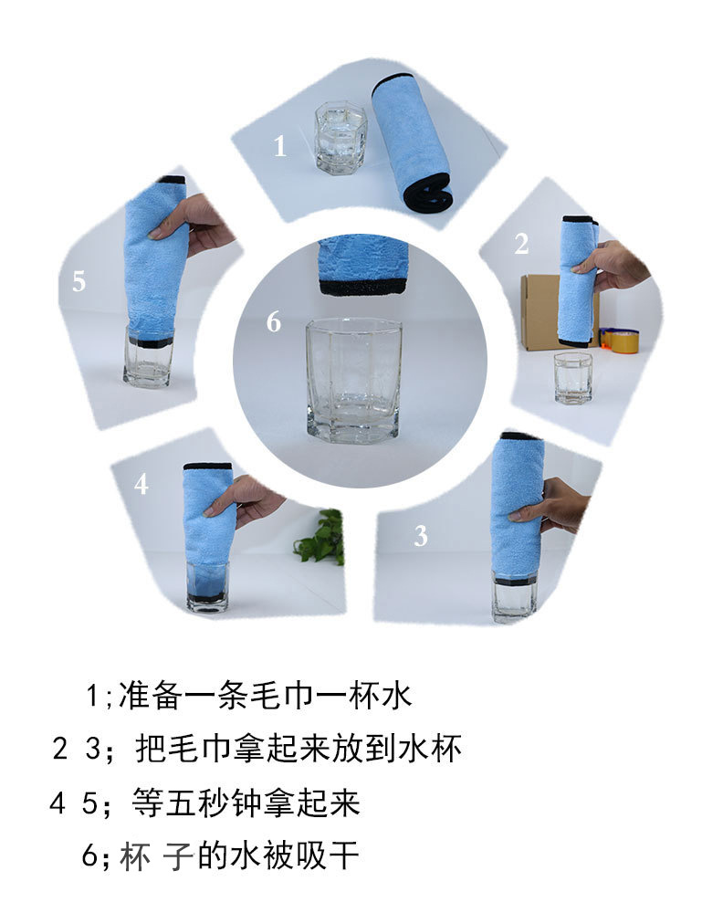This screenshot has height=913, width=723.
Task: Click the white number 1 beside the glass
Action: pyautogui.click(x=280, y=145)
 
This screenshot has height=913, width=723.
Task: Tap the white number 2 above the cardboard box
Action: pyautogui.click(x=521, y=244)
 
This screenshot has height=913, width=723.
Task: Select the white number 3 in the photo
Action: pyautogui.click(x=421, y=536)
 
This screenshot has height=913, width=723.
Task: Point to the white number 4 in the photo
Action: pyautogui.click(x=141, y=484)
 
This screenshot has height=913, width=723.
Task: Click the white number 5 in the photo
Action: pyautogui.click(x=79, y=281)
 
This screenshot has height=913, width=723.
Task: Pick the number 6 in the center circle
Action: pyautogui.click(x=274, y=322)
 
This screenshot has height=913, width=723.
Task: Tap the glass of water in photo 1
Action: pyautogui.click(x=341, y=138)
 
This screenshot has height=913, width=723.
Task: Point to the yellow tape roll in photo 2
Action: pyautogui.click(x=621, y=340)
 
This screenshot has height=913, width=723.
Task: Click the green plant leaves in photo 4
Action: pyautogui.click(x=320, y=537)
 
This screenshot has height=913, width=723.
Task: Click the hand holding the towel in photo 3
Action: pyautogui.click(x=550, y=505)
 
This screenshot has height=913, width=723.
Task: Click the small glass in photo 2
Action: pyautogui.click(x=573, y=378)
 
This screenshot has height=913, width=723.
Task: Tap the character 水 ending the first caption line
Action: pyautogui.click(x=397, y=695)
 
